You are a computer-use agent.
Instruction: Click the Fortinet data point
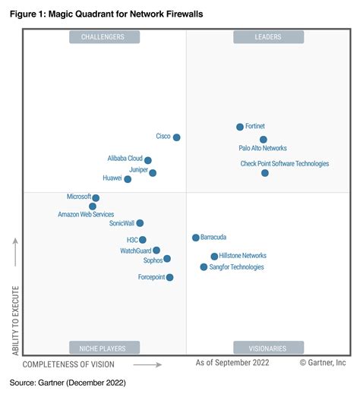click(x=240, y=128)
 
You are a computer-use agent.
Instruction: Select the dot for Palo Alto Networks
click(x=264, y=140)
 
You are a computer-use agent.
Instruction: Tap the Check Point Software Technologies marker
click(x=265, y=173)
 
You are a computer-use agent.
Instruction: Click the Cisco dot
click(x=177, y=137)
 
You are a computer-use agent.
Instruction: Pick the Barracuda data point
click(x=196, y=238)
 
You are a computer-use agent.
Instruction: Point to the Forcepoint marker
click(x=169, y=278)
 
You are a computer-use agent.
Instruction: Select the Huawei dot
click(x=128, y=179)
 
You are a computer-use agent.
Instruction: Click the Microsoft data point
click(x=96, y=198)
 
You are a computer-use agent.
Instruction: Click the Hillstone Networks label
click(x=242, y=256)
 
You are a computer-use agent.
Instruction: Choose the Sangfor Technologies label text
click(x=237, y=267)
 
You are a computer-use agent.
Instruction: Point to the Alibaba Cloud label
click(x=125, y=159)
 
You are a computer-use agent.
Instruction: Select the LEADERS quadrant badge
click(x=268, y=36)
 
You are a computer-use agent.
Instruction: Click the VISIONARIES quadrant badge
click(x=268, y=348)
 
